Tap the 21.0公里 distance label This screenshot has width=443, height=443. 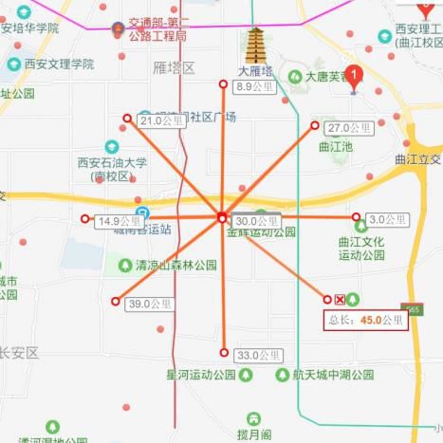pos(157,121)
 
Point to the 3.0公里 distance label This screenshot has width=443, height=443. pos(388,219)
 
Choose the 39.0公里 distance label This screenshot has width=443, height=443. pos(150,304)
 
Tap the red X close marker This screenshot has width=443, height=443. pos(340,300)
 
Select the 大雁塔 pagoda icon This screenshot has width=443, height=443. pos(256,45)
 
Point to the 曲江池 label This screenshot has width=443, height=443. pos(335,147)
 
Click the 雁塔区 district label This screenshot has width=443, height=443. pos(173,67)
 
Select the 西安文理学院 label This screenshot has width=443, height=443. pos(62,65)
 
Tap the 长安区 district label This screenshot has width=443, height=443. pos(19,353)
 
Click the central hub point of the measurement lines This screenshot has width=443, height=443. pos(221,217)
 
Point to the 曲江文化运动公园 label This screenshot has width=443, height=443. pos(361,248)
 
